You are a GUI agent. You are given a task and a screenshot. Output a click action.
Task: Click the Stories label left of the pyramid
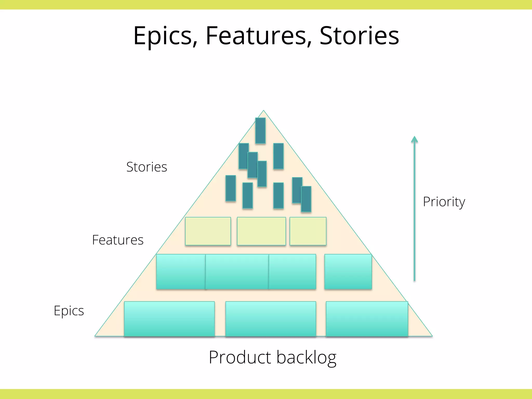147,167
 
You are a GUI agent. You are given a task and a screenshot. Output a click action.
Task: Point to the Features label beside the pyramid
118,240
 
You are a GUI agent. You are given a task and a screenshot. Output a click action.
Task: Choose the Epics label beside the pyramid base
69,311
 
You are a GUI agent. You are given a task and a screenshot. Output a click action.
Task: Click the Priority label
444,202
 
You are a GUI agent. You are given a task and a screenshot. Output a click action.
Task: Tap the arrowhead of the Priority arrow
414,139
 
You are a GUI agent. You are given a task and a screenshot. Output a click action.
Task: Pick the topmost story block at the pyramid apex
260,130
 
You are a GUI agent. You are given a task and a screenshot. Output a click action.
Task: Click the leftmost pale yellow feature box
208,231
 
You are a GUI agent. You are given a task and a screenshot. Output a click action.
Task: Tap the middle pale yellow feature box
261,231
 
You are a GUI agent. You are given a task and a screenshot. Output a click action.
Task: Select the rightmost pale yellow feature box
308,231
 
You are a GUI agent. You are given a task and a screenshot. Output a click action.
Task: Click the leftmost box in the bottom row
169,319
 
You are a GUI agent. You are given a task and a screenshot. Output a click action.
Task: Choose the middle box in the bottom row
271,319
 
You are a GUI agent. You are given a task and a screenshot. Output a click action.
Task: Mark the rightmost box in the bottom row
367,319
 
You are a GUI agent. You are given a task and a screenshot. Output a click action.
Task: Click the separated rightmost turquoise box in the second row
348,272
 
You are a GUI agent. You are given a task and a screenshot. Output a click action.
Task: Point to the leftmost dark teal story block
231,188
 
